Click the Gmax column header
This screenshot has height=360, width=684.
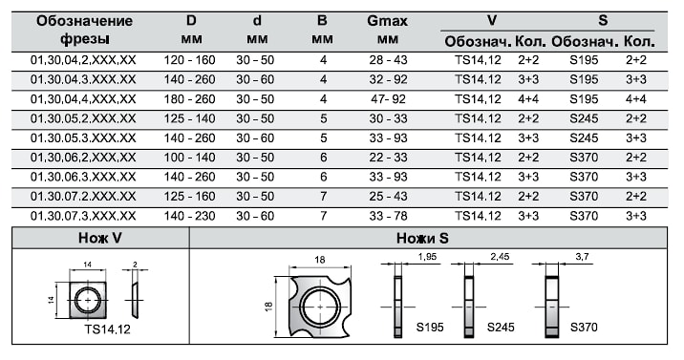pyautogui.click(x=387, y=30)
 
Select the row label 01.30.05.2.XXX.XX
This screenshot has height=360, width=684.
pyautogui.click(x=83, y=118)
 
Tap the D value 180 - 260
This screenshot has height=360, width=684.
pyautogui.click(x=190, y=99)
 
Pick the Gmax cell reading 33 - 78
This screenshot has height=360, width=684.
pyautogui.click(x=388, y=216)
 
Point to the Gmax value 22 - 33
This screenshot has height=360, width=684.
pyautogui.click(x=388, y=158)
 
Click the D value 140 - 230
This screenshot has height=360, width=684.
pyautogui.click(x=190, y=216)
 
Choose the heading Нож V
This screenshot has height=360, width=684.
pyautogui.click(x=100, y=238)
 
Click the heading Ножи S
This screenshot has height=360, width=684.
pyautogui.click(x=422, y=238)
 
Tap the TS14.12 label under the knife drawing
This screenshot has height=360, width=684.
pyautogui.click(x=108, y=329)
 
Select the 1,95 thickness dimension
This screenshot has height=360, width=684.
pyautogui.click(x=427, y=257)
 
